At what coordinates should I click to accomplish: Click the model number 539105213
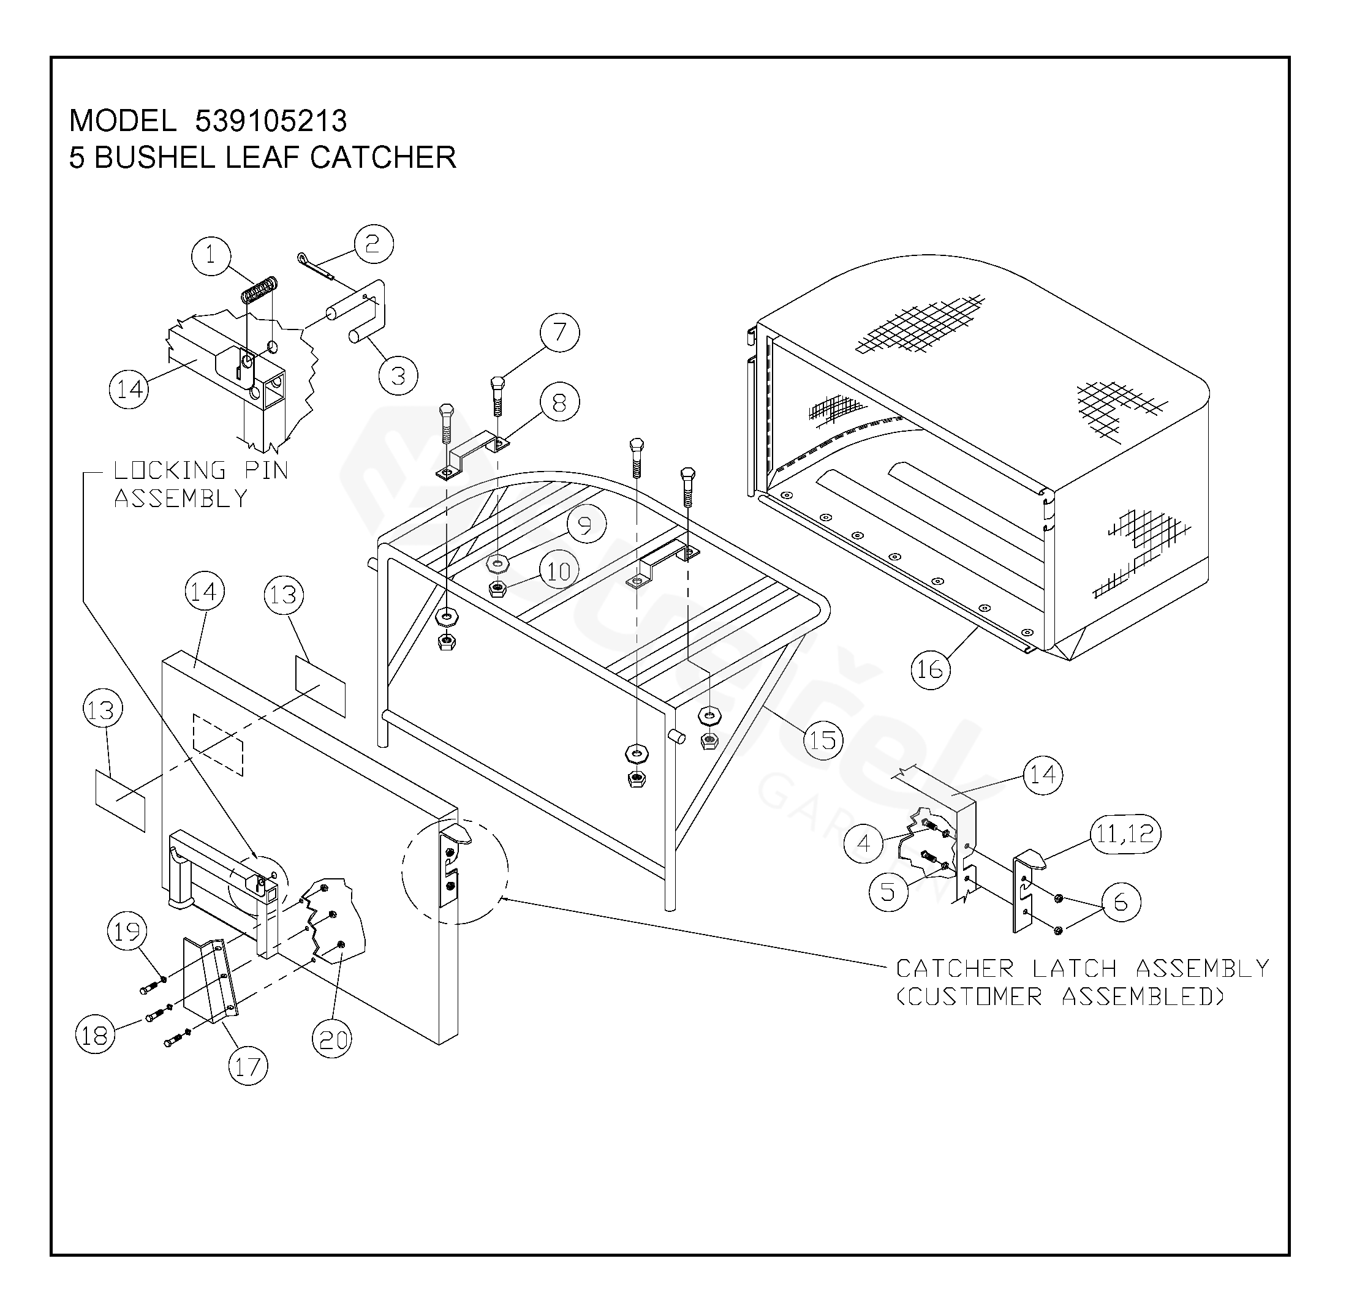pos(271,121)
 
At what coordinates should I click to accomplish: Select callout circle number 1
pos(211,256)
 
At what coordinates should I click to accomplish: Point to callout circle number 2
pos(374,244)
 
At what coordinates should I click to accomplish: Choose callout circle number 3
pos(398,375)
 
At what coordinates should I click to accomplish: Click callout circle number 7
pos(559,333)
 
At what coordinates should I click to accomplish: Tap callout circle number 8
pos(559,402)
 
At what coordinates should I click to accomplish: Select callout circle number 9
pos(586,525)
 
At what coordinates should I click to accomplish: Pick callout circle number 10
pos(559,571)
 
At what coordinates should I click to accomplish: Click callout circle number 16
pos(931,669)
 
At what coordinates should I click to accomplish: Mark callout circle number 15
pos(823,740)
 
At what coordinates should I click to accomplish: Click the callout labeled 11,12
pos(1125,835)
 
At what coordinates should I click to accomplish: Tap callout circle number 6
pos(1121,902)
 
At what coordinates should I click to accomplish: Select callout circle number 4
pos(864,843)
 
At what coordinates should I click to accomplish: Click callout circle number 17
pos(248,1066)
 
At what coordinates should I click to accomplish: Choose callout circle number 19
pos(127,932)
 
